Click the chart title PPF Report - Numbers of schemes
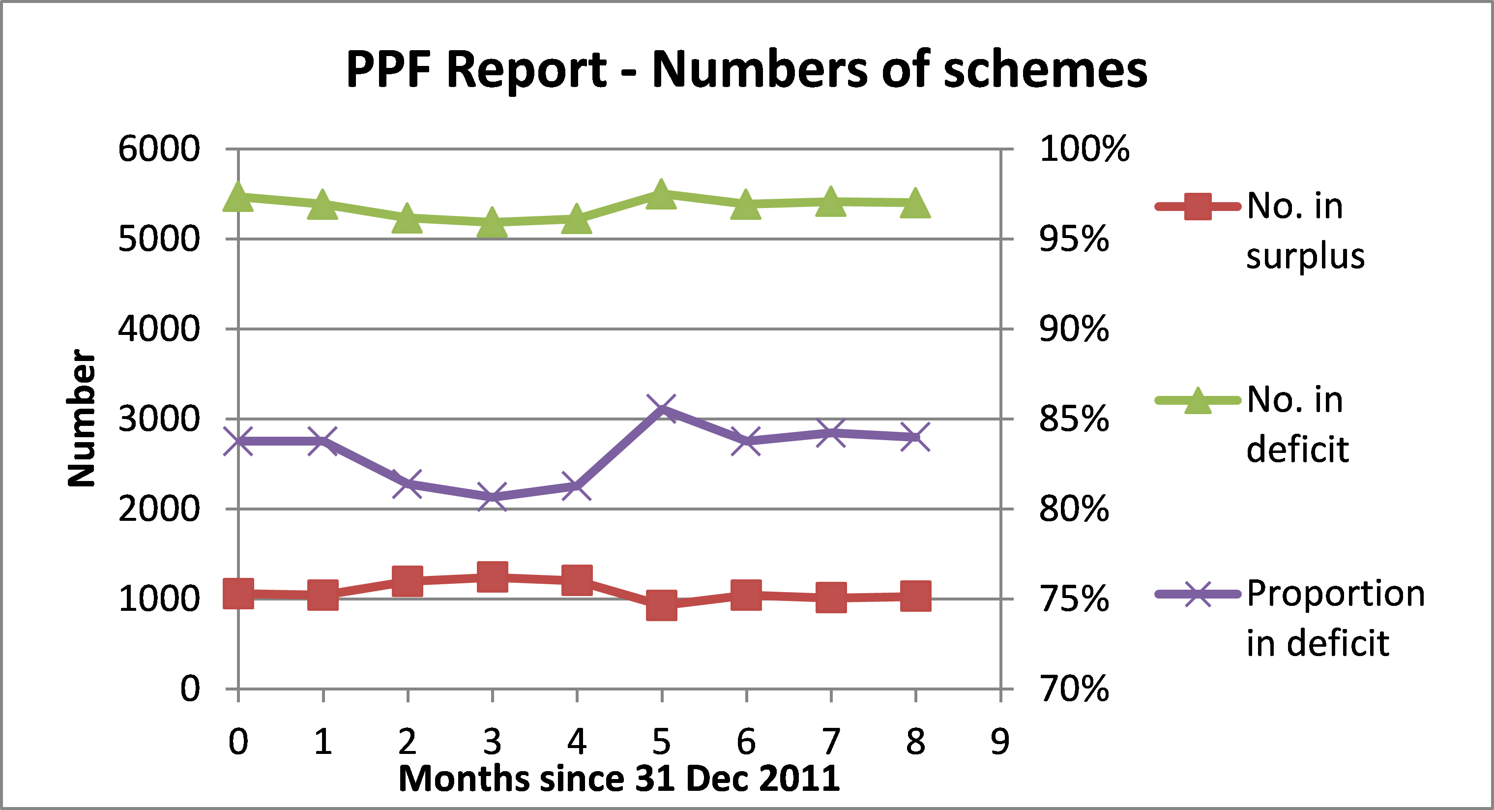(x=746, y=69)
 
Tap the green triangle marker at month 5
(x=662, y=194)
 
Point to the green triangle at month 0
(x=238, y=197)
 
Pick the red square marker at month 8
(x=916, y=596)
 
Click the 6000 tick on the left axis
(x=159, y=149)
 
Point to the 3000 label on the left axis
(x=159, y=419)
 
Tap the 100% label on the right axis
(x=1084, y=149)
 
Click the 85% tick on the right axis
(x=1074, y=419)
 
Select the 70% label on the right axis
(x=1074, y=690)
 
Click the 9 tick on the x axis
(x=1000, y=742)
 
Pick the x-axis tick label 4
(x=577, y=742)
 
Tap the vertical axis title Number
(x=81, y=418)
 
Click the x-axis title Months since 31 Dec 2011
(x=619, y=779)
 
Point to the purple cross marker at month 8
(x=916, y=437)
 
